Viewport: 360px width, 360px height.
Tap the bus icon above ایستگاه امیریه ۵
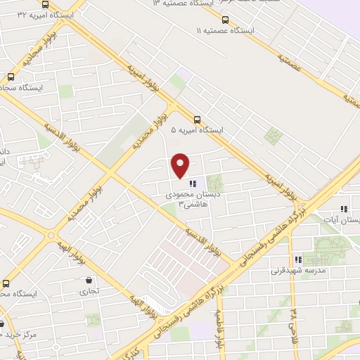click(x=197, y=120)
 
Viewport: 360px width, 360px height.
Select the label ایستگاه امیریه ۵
click(x=197, y=131)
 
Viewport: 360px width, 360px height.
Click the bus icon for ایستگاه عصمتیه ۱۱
click(x=225, y=20)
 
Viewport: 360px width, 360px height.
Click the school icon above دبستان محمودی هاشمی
click(x=192, y=183)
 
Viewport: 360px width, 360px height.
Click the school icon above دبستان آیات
click(x=344, y=209)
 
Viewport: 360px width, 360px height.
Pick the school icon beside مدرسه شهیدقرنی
click(x=298, y=259)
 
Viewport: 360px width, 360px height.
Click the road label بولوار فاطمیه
click(x=219, y=330)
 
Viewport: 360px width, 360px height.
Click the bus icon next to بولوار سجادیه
click(x=11, y=77)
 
